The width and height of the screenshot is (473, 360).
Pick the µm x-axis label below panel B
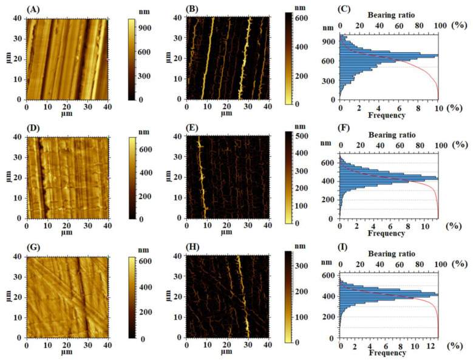226,114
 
